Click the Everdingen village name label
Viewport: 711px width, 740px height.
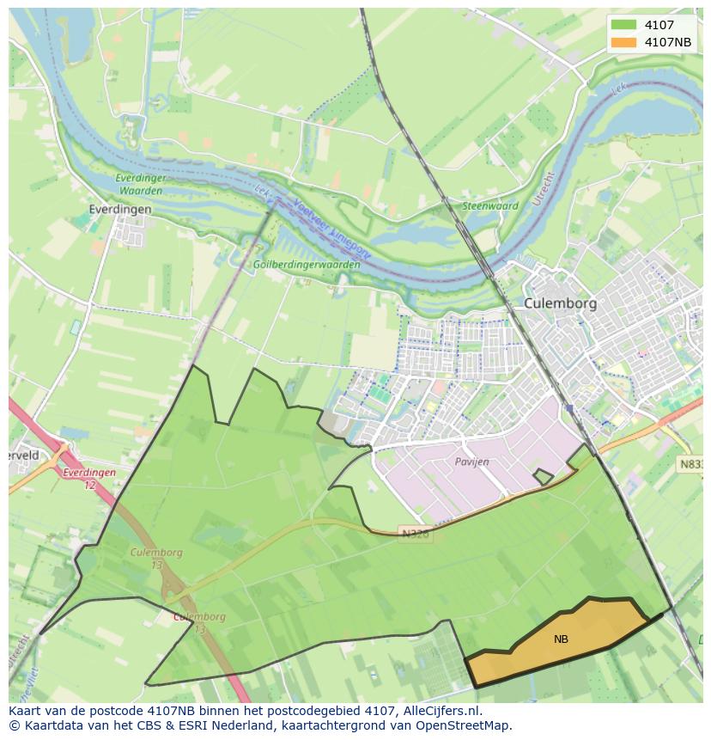point(120,209)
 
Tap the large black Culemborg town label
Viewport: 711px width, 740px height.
point(560,303)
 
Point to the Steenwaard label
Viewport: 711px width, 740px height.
point(490,206)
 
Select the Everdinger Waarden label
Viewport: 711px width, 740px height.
point(140,184)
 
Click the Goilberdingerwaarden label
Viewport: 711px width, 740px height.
point(307,265)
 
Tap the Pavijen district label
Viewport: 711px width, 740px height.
point(471,462)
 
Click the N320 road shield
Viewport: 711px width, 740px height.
point(415,534)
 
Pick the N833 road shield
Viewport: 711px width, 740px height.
point(691,464)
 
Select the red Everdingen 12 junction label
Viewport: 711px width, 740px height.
point(88,479)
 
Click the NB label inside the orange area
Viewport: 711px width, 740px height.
point(561,639)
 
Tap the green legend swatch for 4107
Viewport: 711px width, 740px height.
point(624,25)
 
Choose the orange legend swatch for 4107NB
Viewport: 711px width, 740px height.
point(624,42)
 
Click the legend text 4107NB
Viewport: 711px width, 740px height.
point(668,42)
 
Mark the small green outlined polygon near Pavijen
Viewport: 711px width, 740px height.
point(543,476)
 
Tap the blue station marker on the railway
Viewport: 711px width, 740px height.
point(568,409)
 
